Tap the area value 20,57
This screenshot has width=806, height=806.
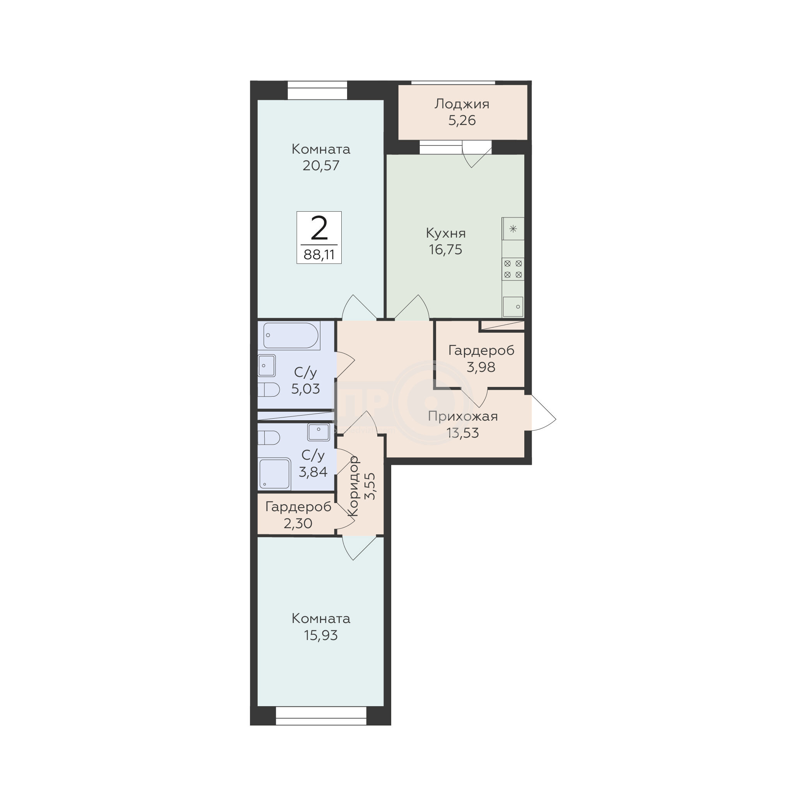321,166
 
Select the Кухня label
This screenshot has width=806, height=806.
445,233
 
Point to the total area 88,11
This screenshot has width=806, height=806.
319,255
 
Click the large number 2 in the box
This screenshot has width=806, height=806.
319,229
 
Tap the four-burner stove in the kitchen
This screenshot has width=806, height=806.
513,269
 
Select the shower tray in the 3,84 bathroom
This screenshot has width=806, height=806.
274,473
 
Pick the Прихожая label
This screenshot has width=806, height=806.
463,417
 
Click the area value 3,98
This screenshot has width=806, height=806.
481,367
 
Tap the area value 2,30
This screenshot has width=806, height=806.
298,523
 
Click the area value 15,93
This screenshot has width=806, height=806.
321,635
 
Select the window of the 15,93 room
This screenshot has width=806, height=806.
321,716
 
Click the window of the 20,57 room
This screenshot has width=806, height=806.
317,90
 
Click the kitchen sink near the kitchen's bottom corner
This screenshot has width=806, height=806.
513,306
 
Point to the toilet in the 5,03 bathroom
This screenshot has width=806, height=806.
268,390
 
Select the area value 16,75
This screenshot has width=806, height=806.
445,250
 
